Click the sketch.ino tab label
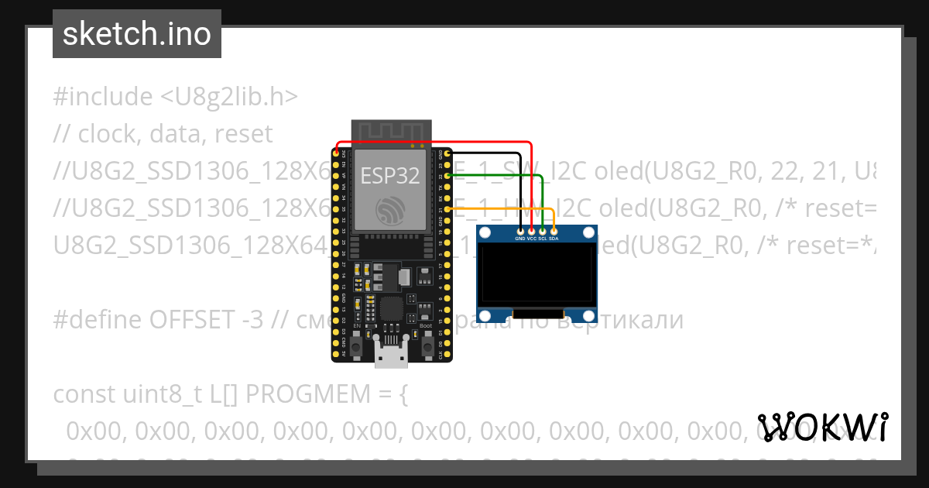coord(136,34)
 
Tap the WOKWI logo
coord(823,427)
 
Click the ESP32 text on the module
coord(390,176)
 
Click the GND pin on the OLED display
coord(520,231)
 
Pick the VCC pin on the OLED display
coord(531,231)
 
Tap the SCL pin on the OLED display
coord(543,231)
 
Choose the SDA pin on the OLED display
coord(554,231)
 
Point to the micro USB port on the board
coord(391,353)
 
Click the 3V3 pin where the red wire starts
coord(336,154)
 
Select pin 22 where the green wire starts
coord(447,176)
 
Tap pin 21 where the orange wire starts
coord(447,209)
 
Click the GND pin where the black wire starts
coord(447,154)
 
